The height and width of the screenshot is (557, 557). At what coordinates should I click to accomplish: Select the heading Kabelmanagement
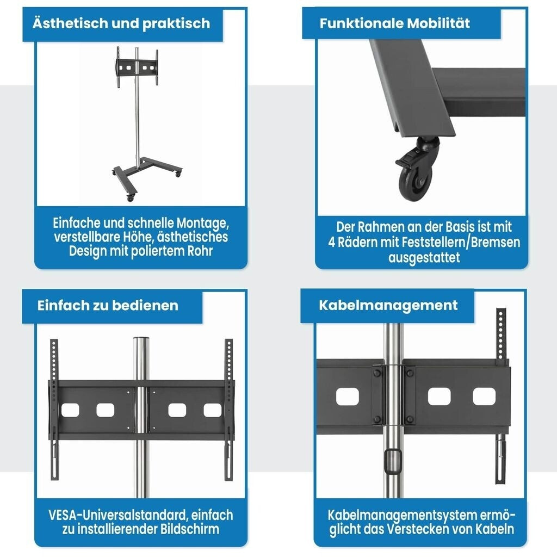tap(388, 306)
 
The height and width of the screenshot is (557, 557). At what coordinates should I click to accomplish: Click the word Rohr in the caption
tap(200, 251)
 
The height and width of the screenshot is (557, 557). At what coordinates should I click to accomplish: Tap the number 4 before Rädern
tap(331, 242)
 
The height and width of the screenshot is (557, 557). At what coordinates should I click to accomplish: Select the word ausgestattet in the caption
tap(424, 257)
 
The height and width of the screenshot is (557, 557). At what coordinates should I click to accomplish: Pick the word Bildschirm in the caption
tap(190, 529)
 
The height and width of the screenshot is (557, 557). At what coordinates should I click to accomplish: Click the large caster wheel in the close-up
tap(414, 182)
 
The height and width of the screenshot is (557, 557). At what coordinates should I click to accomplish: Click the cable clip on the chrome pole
tap(393, 461)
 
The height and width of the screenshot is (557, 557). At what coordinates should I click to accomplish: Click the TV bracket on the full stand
tap(137, 67)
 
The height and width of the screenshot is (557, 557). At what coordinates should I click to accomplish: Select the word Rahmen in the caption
tap(381, 227)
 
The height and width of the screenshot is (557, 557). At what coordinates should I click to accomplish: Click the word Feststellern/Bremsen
tap(461, 242)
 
